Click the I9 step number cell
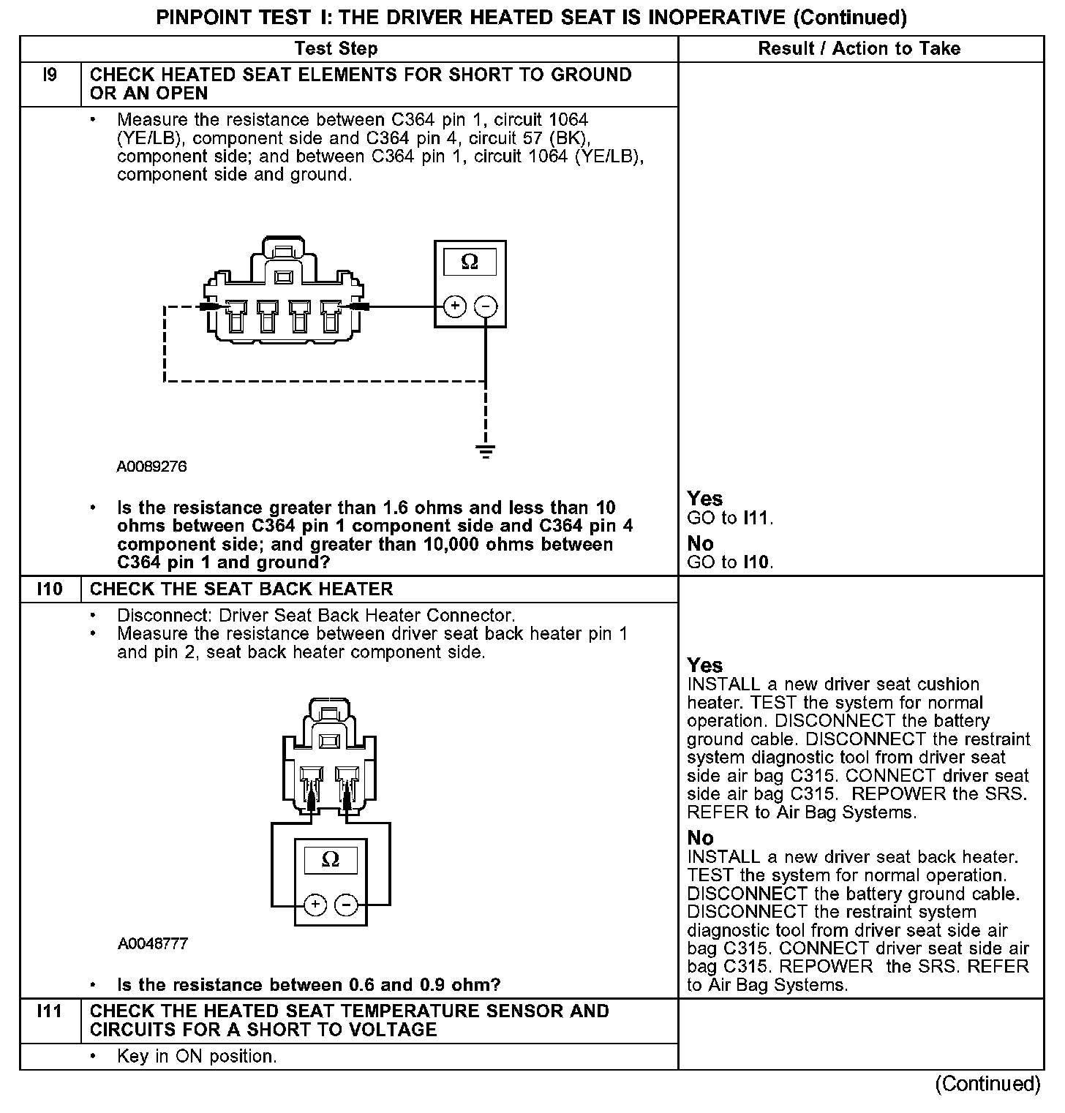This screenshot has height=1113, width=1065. (50, 75)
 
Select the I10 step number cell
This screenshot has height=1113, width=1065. (50, 589)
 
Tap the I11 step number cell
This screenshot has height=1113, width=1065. (50, 1011)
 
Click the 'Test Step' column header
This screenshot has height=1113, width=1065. (336, 49)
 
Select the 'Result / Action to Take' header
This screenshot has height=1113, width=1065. (859, 49)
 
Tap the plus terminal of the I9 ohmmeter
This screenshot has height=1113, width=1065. (454, 306)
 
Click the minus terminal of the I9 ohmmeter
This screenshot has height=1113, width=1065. (486, 306)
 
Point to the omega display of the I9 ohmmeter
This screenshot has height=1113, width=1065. (470, 262)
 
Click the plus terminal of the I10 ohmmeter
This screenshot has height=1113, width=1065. (315, 905)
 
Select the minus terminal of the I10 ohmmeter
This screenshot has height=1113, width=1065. (346, 905)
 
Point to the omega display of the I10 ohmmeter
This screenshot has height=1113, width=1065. (331, 860)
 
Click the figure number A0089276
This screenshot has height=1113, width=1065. (152, 467)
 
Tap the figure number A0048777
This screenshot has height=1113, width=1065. (153, 944)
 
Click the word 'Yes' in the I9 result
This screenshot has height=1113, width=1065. (705, 499)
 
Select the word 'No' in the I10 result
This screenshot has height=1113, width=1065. (700, 838)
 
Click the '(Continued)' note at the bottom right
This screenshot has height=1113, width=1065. (987, 1084)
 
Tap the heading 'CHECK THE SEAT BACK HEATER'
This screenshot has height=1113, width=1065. (241, 589)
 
